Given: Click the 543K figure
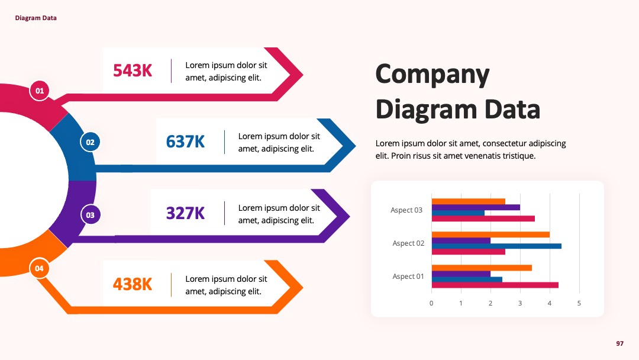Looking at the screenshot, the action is [x=133, y=70].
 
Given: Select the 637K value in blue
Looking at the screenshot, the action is [x=185, y=142].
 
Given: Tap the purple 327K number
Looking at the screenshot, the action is [x=185, y=213].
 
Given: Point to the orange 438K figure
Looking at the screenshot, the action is [x=133, y=284].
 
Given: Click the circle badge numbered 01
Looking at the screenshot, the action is [x=40, y=91].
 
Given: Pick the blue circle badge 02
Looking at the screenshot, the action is [x=90, y=142].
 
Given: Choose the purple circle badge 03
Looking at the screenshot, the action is [x=90, y=215].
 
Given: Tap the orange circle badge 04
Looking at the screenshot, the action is [x=39, y=268].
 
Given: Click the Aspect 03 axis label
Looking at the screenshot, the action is [x=406, y=210].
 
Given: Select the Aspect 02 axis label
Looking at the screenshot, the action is [x=408, y=243].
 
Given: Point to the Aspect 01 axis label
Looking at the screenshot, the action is [x=408, y=277].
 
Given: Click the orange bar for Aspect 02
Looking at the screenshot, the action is [x=490, y=234].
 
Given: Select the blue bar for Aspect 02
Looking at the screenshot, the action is [x=497, y=246].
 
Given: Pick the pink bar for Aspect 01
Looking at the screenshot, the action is [x=495, y=285].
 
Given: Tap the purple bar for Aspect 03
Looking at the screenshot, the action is [x=476, y=207].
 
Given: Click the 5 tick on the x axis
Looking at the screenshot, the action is [x=579, y=303].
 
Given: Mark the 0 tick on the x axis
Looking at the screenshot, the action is [x=431, y=303].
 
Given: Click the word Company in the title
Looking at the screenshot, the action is [x=433, y=75].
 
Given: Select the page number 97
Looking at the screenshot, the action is [x=620, y=343].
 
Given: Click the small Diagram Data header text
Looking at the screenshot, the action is [x=36, y=18].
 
